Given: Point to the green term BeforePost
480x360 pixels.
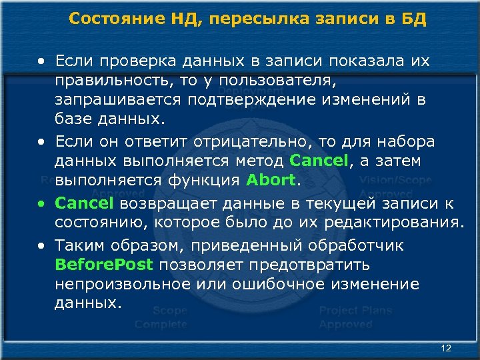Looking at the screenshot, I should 105,265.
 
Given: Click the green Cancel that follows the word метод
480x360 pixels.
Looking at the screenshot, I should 319,161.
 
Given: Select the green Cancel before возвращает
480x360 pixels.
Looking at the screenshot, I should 84,203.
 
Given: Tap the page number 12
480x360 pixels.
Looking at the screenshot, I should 446,348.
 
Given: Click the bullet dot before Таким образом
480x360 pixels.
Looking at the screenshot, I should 42,245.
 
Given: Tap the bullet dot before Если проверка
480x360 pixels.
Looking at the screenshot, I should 42,61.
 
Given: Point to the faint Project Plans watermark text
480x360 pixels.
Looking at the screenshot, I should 355,310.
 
